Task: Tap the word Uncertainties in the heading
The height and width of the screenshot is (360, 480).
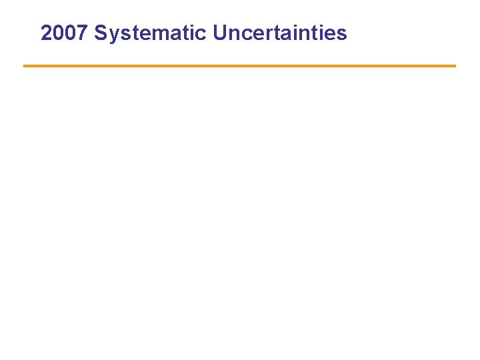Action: click(280, 33)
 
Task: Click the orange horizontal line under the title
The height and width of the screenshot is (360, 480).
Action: click(240, 66)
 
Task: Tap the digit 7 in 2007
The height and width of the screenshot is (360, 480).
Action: click(83, 33)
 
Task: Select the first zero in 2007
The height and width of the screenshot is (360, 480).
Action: click(59, 33)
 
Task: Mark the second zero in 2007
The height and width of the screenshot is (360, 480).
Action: click(71, 33)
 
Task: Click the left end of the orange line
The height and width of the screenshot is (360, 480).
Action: click(25, 66)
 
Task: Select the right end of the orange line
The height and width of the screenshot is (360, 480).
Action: click(454, 66)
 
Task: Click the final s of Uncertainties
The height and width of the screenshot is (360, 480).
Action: click(341, 35)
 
